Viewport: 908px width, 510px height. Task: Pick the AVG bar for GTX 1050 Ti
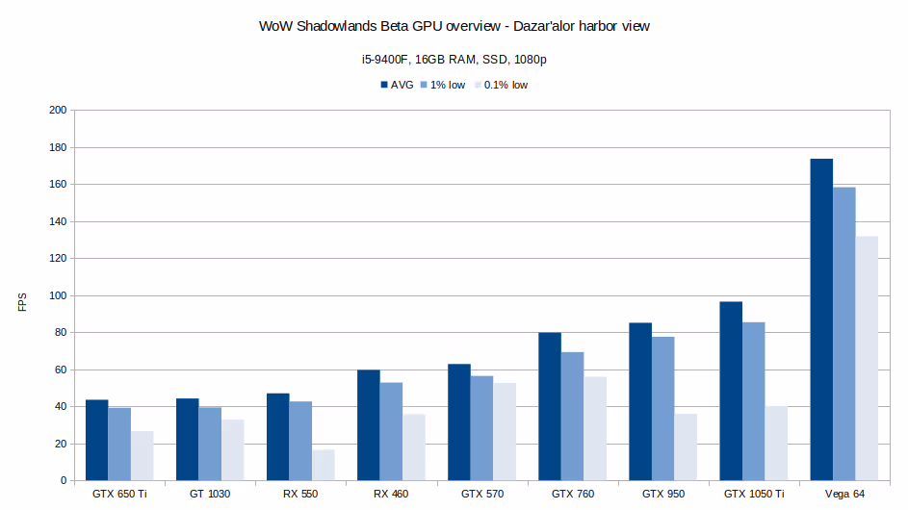(x=731, y=391)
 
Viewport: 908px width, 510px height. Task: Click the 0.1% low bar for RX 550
(x=324, y=465)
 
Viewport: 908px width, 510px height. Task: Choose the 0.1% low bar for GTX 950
(x=686, y=447)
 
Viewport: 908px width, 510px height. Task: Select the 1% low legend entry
(x=442, y=85)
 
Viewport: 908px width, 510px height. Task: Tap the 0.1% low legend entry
(x=500, y=85)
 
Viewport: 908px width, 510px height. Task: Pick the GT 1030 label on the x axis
(x=210, y=494)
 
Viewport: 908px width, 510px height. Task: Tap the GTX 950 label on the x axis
(x=662, y=494)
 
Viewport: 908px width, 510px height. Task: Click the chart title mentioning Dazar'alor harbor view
(x=454, y=27)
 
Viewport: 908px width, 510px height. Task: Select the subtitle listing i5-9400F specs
(x=454, y=60)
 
